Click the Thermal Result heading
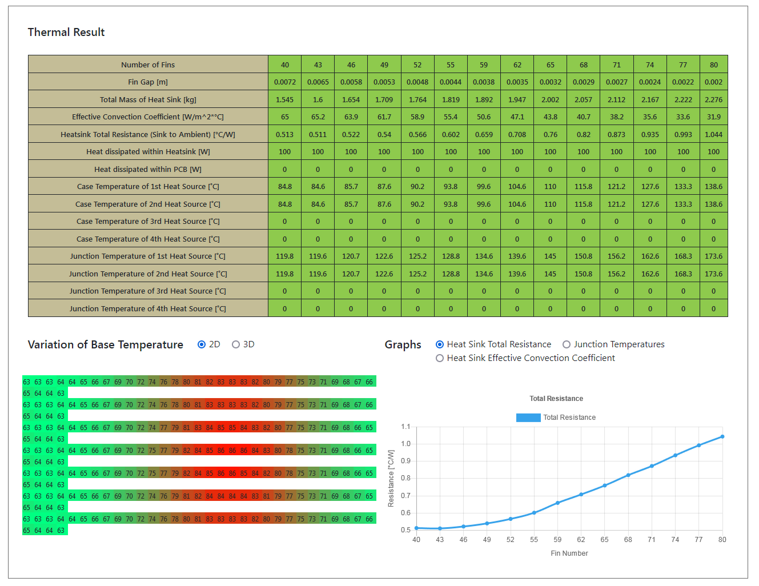(66, 33)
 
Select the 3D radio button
(236, 344)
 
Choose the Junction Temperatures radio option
(567, 344)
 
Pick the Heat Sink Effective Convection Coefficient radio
(440, 358)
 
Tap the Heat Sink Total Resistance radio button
(440, 344)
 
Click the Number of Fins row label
(148, 65)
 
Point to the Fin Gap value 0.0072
(284, 82)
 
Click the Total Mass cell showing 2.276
(713, 99)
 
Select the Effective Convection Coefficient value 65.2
(318, 117)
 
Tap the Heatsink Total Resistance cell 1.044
(713, 134)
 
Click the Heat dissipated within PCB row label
(148, 169)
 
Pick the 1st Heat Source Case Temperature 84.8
(284, 186)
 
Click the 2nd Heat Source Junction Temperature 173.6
(713, 274)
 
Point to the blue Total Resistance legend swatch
(528, 418)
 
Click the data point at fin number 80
(722, 437)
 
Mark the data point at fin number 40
(416, 528)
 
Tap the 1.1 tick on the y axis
(405, 427)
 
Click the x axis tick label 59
(557, 540)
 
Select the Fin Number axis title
(569, 553)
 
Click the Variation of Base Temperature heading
(106, 345)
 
